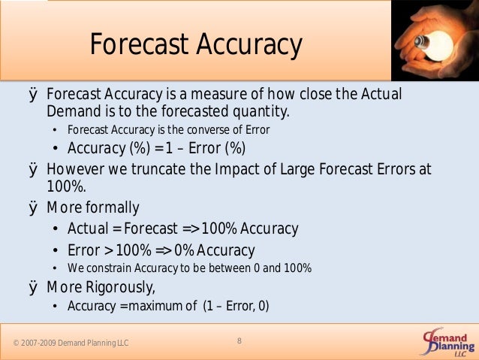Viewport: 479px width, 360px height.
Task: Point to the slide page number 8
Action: click(x=239, y=341)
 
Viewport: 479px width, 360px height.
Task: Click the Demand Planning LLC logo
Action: click(x=447, y=343)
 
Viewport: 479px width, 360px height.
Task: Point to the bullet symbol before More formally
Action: click(x=33, y=207)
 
